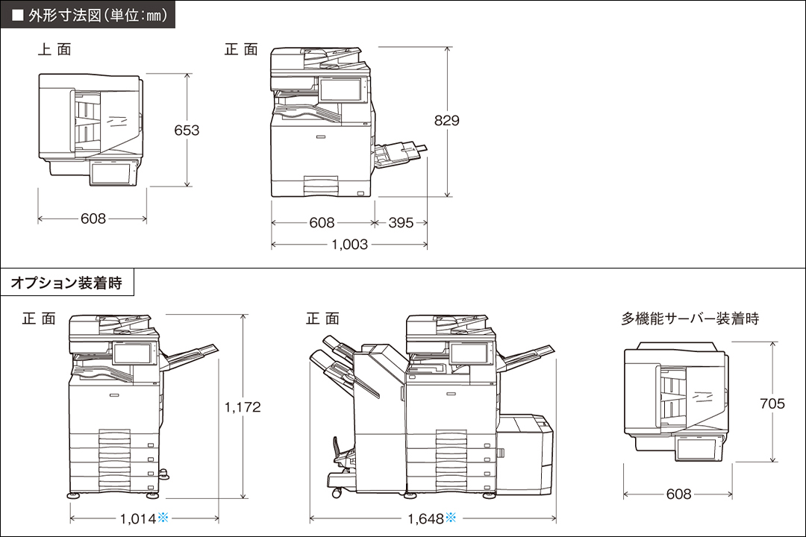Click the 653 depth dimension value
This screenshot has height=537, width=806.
pyautogui.click(x=187, y=130)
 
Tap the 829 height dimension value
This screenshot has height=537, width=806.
pyautogui.click(x=447, y=120)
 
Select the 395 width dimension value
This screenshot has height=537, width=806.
pyautogui.click(x=401, y=222)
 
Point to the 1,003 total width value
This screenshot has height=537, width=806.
pyautogui.click(x=349, y=244)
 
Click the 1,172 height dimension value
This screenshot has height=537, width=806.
pyautogui.click(x=243, y=406)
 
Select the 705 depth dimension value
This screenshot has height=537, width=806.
pyautogui.click(x=772, y=403)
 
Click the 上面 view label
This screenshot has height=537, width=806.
pyautogui.click(x=54, y=50)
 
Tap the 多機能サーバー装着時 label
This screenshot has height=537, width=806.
pyautogui.click(x=690, y=318)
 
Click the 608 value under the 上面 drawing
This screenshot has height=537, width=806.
pyautogui.click(x=93, y=219)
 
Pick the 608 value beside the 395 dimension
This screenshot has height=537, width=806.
pyautogui.click(x=322, y=222)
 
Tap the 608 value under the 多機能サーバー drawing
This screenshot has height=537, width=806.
pyautogui.click(x=678, y=494)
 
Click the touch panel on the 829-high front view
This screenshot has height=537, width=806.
pyautogui.click(x=340, y=89)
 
